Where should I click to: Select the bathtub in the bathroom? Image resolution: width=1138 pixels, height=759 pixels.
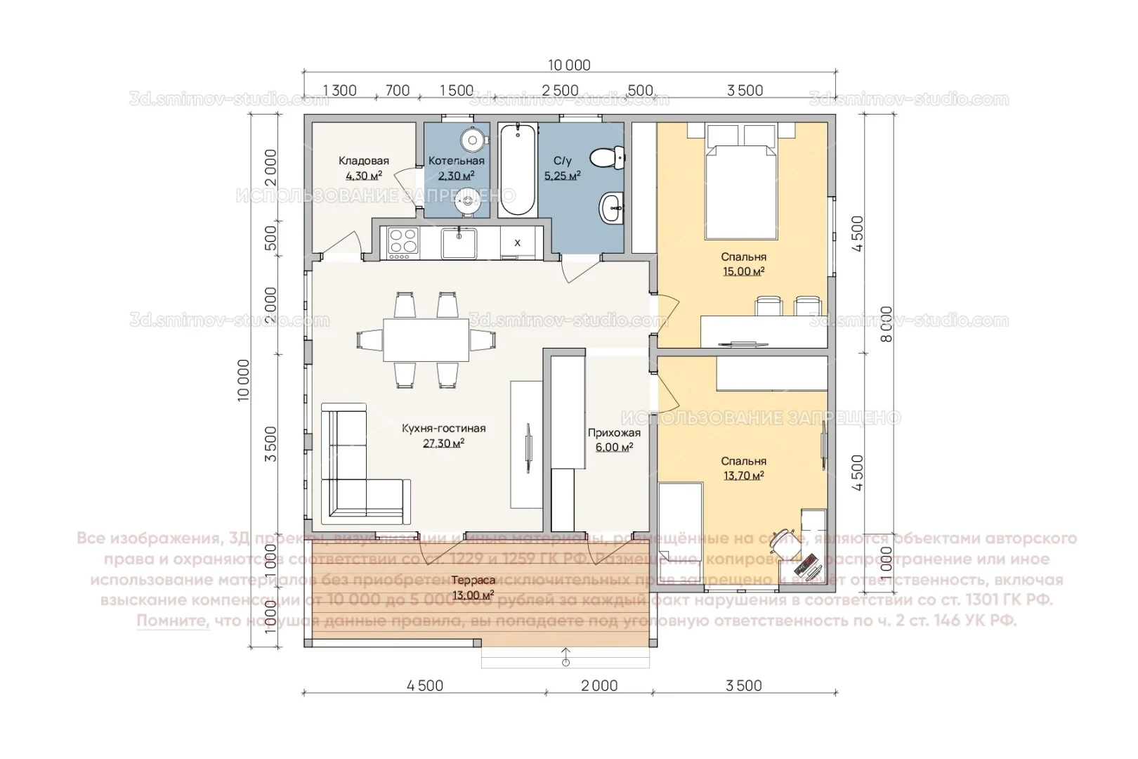pos(518,169)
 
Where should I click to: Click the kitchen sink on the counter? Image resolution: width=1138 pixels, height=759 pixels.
pos(459,242)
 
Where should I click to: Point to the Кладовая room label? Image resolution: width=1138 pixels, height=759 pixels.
pos(363,161)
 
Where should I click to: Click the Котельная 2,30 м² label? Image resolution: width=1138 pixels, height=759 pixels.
pos(457,168)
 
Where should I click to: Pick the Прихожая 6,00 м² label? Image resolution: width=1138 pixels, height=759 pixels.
pos(614,440)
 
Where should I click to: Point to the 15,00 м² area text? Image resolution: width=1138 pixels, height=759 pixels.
pos(744,271)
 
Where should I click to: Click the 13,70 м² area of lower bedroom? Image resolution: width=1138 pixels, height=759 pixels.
pos(743,476)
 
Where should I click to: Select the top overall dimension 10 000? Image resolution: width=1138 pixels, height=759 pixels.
pos(569,65)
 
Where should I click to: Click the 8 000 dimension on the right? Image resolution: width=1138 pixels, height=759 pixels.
pos(887,325)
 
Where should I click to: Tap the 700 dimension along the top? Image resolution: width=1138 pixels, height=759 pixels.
pos(398,91)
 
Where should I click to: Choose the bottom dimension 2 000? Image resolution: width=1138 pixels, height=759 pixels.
pos(599,686)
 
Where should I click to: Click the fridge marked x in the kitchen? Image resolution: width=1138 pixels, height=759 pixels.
pos(518,243)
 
